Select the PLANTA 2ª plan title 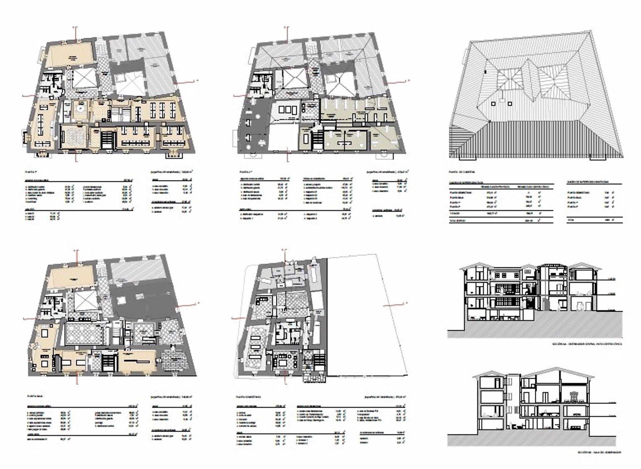coord(246,172)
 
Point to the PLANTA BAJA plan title coord(34,397)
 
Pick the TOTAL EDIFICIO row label coord(458,221)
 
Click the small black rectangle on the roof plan coord(486,71)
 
